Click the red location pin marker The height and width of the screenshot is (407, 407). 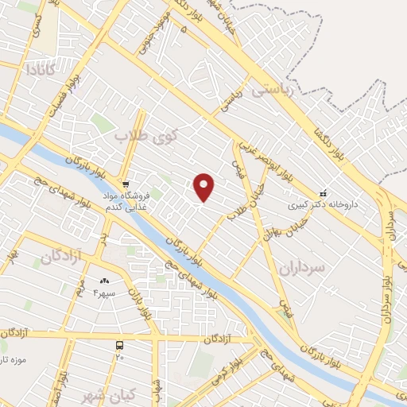(x=205, y=187)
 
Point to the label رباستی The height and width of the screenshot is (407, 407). (x=272, y=90)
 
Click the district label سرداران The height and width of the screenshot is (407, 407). (x=303, y=268)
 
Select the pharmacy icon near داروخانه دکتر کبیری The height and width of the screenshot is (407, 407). (x=323, y=192)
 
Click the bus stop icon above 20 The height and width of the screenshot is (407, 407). (x=119, y=346)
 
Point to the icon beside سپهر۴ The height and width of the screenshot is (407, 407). (x=104, y=282)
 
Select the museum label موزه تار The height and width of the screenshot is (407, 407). (x=14, y=359)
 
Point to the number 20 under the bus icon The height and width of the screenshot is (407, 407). (x=119, y=357)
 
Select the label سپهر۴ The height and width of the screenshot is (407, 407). (x=105, y=293)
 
